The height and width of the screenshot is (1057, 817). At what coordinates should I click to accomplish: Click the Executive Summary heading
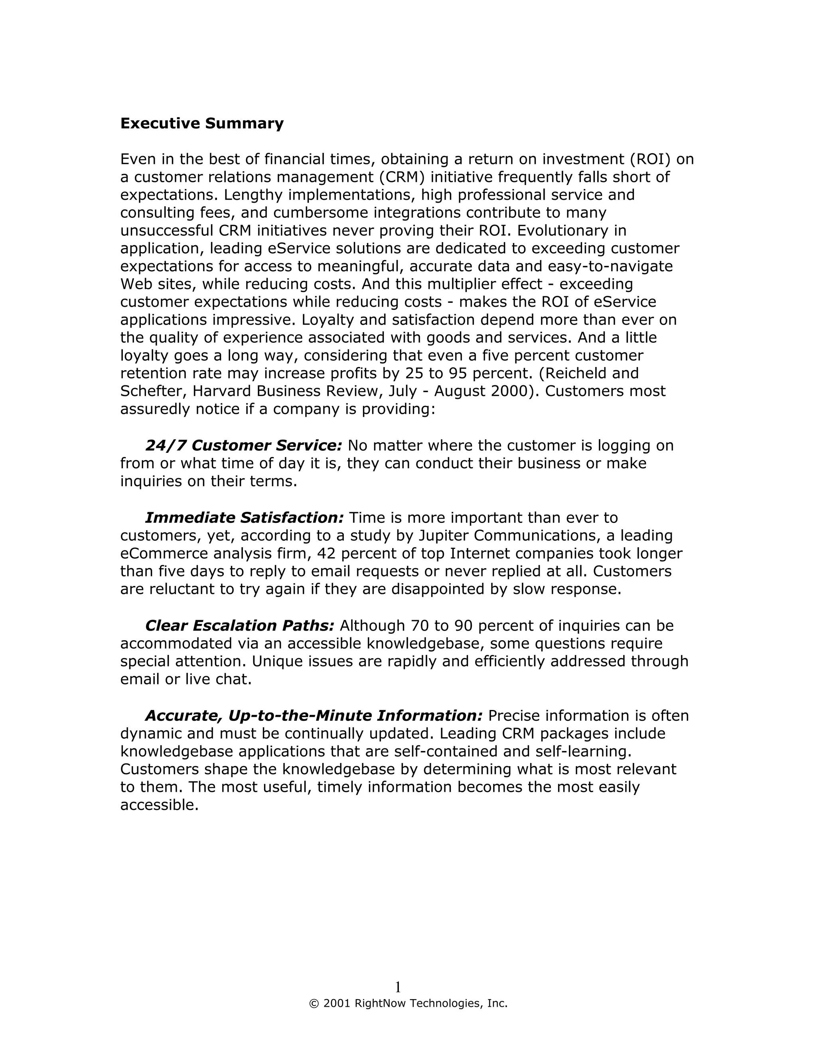pyautogui.click(x=202, y=123)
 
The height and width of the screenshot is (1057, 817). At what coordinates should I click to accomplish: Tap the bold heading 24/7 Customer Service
pyautogui.click(x=243, y=445)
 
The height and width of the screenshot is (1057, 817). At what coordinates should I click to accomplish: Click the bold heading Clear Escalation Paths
pyautogui.click(x=240, y=626)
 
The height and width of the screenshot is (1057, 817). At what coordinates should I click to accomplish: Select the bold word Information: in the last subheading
pyautogui.click(x=430, y=716)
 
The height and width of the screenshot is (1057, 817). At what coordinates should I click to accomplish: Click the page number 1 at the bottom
pyautogui.click(x=398, y=987)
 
